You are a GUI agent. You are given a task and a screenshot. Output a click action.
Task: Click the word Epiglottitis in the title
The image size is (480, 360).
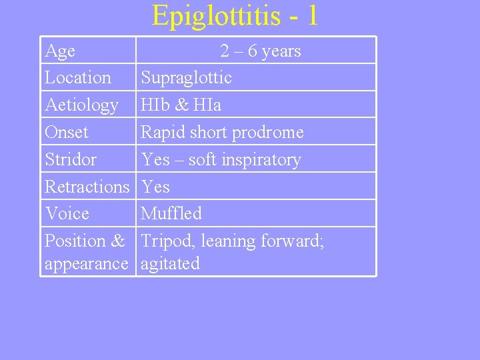point(216,16)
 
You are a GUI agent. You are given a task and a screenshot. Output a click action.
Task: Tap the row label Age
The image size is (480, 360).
point(60,51)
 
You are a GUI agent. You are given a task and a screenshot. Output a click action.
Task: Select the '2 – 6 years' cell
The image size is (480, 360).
point(261,51)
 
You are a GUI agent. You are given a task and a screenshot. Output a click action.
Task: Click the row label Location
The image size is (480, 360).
point(78,78)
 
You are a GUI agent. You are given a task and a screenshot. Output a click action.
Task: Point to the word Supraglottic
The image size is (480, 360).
point(186,78)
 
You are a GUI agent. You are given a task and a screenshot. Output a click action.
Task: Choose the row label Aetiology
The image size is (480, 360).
point(81,105)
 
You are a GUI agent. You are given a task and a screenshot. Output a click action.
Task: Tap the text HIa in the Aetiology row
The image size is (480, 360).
point(207,105)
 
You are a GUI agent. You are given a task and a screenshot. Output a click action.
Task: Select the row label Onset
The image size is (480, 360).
point(66,133)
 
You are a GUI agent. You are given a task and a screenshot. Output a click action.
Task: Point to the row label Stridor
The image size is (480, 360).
point(70,160)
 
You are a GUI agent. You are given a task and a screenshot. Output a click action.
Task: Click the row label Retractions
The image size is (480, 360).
point(87,187)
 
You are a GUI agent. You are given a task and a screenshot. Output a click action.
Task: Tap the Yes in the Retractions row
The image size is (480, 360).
point(155,187)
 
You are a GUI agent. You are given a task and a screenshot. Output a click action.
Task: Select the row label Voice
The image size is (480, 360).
point(67,214)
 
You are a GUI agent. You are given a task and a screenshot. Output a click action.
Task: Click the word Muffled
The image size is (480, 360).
point(171,214)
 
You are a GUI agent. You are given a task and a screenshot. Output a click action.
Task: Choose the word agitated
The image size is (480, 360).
point(170,264)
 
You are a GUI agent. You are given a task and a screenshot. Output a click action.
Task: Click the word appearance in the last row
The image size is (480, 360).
point(86,264)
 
